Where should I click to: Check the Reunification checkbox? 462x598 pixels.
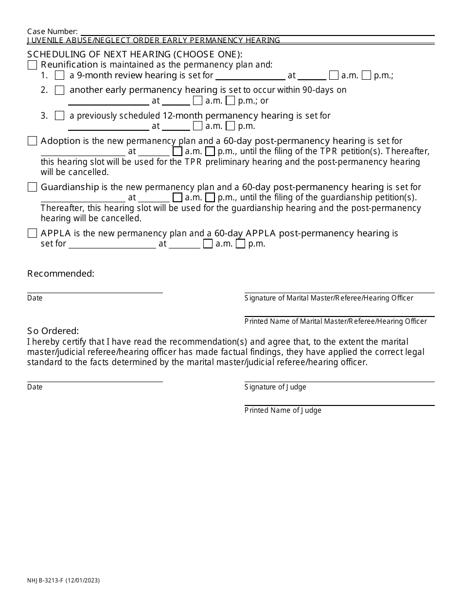coord(32,65)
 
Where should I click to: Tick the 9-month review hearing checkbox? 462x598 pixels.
coord(59,75)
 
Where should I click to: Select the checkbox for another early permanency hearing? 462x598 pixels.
coord(59,90)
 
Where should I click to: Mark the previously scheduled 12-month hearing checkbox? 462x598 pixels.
coord(59,116)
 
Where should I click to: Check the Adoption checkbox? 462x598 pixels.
coord(32,141)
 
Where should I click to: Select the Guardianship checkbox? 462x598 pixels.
coord(32,187)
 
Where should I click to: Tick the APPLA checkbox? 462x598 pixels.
coord(32,233)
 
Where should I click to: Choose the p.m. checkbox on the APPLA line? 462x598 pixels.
coord(240,244)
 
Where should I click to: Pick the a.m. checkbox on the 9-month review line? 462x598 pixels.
coord(334,75)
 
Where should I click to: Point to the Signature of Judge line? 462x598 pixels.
coord(339,379)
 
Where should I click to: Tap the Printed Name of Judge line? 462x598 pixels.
coord(339,403)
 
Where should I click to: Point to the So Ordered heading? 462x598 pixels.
coord(53,331)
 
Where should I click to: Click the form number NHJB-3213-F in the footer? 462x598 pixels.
coord(49,580)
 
